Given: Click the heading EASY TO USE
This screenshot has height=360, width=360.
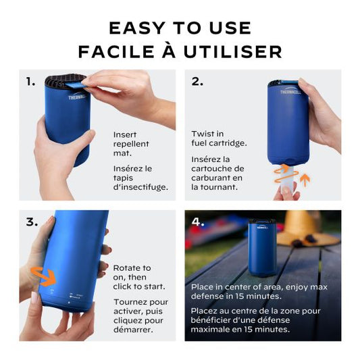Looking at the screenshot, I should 180,28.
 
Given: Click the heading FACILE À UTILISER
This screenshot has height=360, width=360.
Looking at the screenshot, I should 180,52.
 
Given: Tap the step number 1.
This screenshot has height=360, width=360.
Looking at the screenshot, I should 30,82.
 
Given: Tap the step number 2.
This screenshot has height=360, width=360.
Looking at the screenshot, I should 197,82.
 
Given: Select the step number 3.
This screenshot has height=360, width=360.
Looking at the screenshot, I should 31,222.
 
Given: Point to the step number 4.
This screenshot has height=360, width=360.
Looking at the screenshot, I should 197,221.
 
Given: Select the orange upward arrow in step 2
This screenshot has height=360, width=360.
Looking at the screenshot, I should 303,180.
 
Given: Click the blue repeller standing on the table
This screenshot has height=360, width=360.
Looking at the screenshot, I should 262,247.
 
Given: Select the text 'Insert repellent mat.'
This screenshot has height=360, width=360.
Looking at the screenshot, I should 132,144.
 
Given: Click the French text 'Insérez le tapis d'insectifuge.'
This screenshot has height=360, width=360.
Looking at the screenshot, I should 140,177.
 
